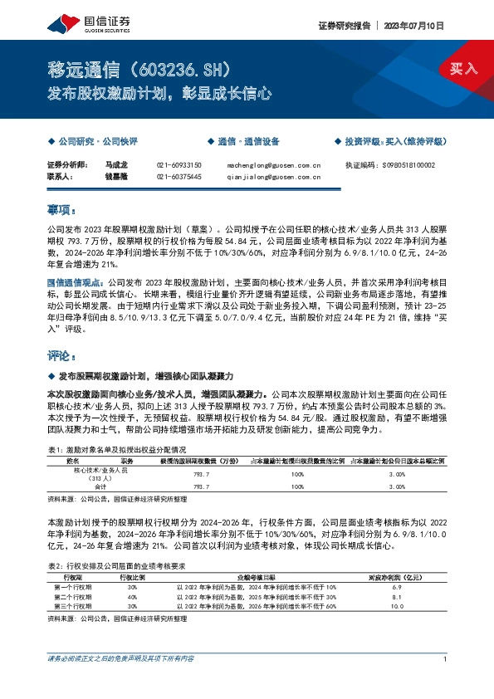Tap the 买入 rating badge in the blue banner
tap(464, 68)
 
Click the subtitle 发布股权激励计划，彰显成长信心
tap(159, 94)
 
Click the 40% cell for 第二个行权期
tap(132, 596)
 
